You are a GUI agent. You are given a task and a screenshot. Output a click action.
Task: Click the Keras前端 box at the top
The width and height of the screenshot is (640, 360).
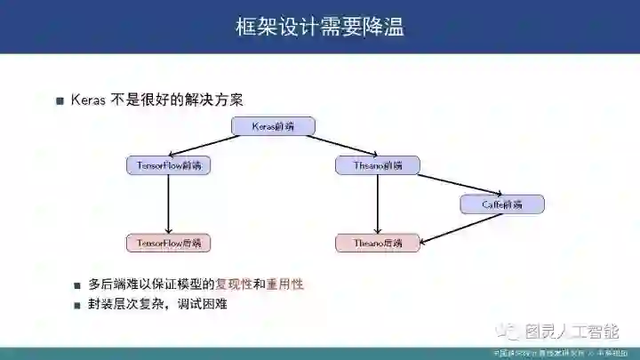[x=273, y=127]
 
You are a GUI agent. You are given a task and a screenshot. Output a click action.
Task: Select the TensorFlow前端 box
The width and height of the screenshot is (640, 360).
[x=169, y=165]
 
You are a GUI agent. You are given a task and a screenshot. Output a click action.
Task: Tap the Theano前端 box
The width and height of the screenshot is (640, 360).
[x=378, y=165]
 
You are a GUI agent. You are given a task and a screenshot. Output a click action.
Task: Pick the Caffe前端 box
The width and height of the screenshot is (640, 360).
[x=502, y=204]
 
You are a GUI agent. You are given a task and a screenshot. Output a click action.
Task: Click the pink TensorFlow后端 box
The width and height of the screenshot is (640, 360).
[x=169, y=242]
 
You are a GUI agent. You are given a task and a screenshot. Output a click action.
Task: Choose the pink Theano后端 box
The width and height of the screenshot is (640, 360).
[x=378, y=242]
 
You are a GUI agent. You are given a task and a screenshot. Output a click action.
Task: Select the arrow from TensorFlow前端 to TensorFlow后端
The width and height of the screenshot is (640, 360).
[x=169, y=204]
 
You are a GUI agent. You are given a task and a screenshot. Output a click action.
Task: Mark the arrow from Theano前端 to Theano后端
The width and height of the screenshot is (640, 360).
[x=378, y=204]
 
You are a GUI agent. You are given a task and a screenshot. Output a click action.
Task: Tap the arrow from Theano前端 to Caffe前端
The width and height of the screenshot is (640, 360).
[x=460, y=185]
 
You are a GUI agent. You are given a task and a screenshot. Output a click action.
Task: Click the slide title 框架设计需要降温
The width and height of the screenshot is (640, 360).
[x=319, y=27]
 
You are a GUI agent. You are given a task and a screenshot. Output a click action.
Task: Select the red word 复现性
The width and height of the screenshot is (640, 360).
[x=234, y=284]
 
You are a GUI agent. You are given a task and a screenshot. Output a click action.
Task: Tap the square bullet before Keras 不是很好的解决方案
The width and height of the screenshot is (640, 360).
[x=60, y=100]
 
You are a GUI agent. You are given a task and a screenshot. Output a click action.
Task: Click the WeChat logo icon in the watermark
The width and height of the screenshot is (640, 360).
[x=510, y=332]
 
